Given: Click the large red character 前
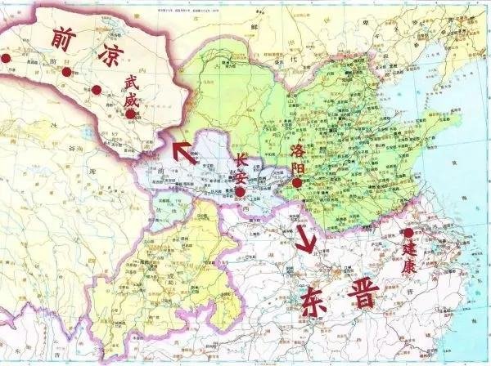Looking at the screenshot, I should [x=67, y=38].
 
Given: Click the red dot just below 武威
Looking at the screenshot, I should [x=131, y=114].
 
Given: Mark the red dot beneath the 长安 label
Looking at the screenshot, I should [x=239, y=193].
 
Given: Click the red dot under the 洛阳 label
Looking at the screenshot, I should [x=297, y=184].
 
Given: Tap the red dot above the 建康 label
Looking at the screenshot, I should [x=409, y=233].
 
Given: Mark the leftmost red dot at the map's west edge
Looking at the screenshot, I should [x=5, y=59].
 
